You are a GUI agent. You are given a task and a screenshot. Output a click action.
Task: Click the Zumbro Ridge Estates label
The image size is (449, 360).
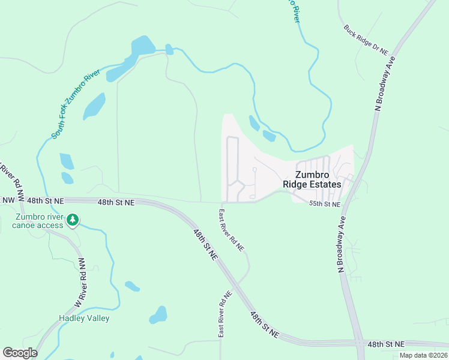[x=312, y=179]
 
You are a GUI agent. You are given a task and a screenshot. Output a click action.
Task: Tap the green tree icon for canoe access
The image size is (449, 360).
[x=73, y=220]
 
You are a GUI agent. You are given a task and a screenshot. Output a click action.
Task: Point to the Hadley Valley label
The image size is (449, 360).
[x=84, y=318]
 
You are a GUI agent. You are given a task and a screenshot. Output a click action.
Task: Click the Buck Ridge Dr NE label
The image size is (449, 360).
[x=366, y=40]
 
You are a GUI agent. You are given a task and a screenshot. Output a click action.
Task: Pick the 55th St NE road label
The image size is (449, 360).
[x=325, y=205]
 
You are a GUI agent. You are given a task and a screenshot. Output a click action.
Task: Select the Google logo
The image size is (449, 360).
[x=20, y=353]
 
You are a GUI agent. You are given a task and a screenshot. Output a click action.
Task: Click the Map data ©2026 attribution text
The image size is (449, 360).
[x=423, y=355]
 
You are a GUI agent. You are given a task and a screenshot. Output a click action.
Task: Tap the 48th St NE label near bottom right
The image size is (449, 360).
[x=386, y=344]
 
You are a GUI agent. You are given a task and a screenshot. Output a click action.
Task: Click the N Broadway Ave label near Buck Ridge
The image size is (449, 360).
[x=385, y=84]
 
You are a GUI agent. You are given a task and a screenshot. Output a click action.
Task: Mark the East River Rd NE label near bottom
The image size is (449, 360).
[x=224, y=314]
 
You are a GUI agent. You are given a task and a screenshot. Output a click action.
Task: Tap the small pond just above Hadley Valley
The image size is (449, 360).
[x=132, y=286]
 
